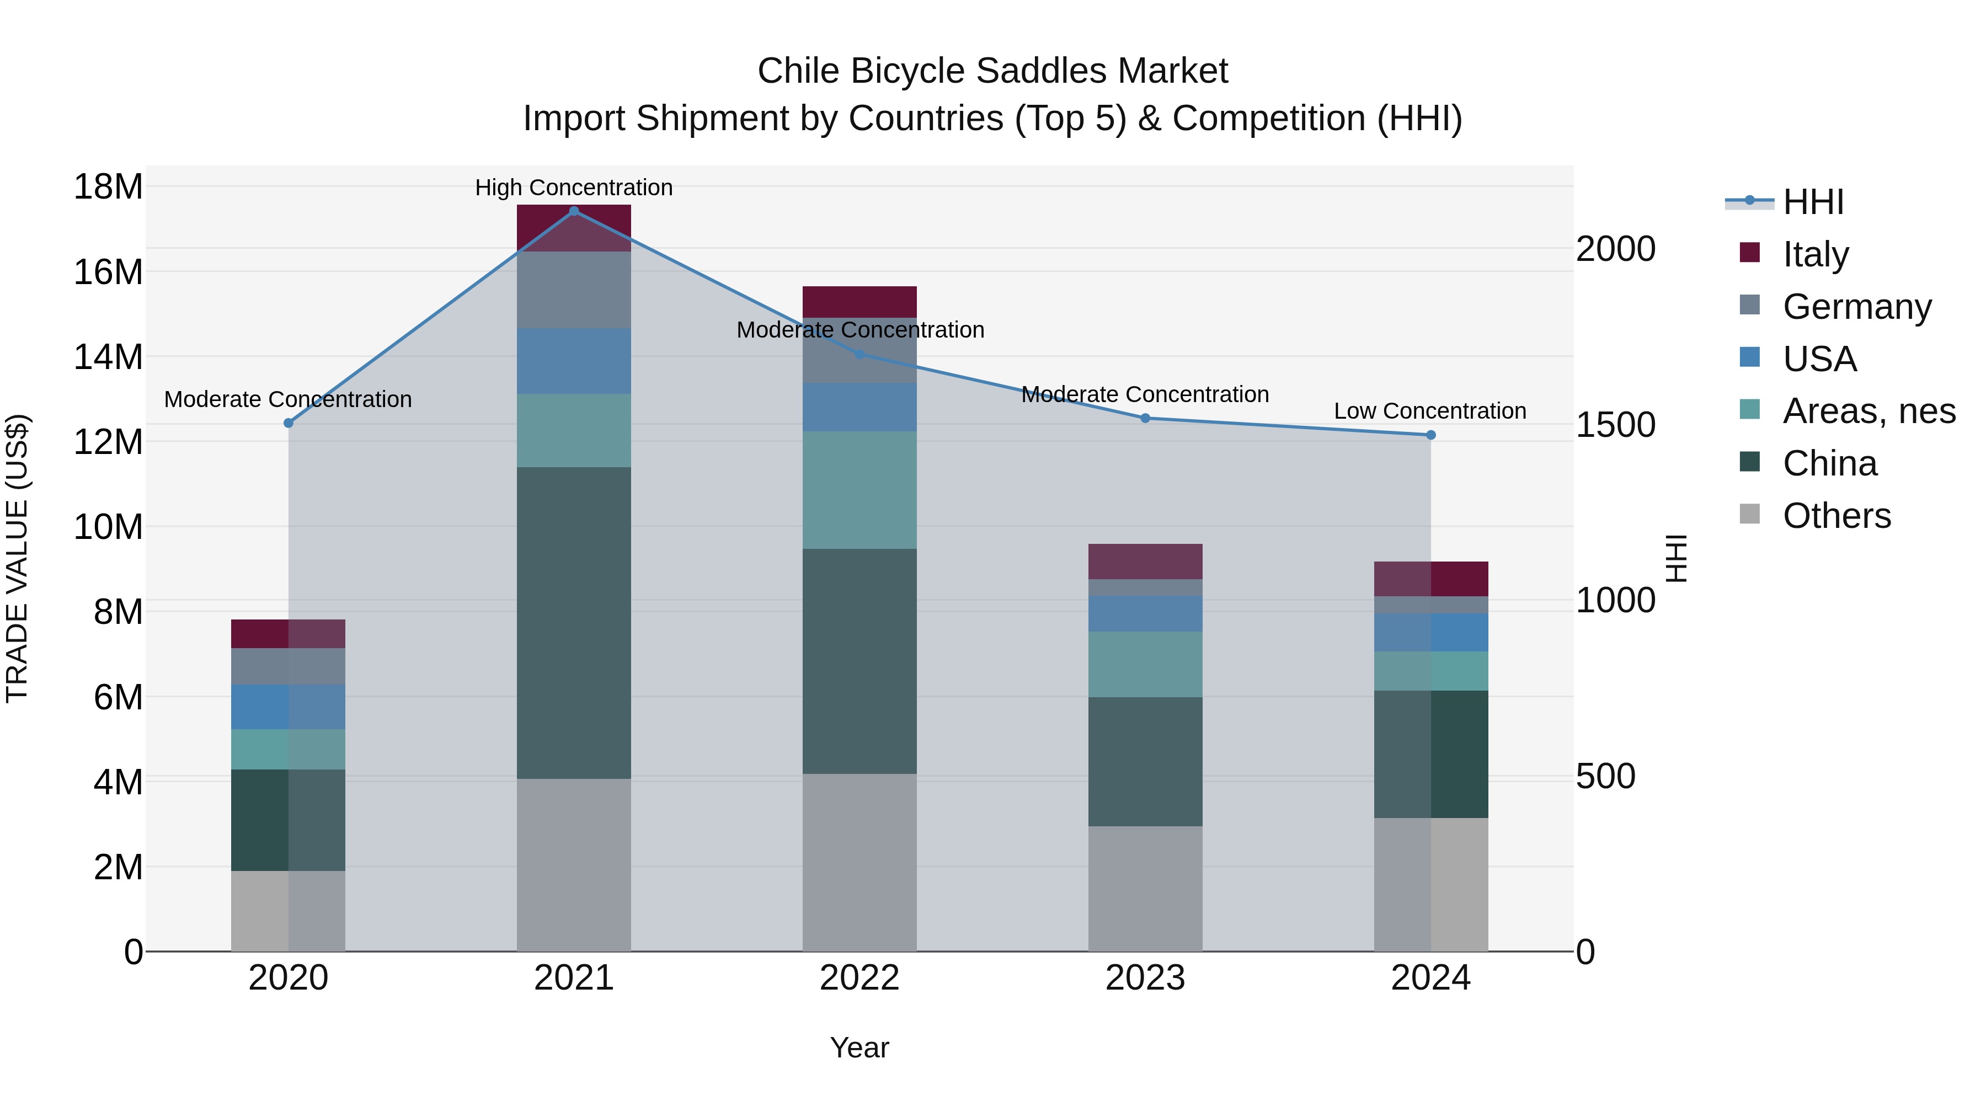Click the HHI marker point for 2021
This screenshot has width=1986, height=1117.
click(x=574, y=211)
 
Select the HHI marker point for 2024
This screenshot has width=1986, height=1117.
click(x=1431, y=435)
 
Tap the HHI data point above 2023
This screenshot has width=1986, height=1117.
click(x=1145, y=418)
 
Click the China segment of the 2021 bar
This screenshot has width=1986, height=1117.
click(x=574, y=623)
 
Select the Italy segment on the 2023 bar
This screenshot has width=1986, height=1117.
click(x=1145, y=561)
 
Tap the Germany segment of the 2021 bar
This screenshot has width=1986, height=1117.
click(x=574, y=290)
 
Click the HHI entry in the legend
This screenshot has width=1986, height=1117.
click(x=1812, y=202)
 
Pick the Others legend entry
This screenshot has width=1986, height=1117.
click(x=1836, y=516)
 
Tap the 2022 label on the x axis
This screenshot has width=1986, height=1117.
click(x=859, y=978)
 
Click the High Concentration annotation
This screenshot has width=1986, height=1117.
click(x=574, y=188)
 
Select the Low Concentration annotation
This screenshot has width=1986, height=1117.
click(x=1430, y=411)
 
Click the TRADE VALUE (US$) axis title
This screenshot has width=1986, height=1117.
click(x=17, y=558)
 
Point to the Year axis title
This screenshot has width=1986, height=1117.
click(x=859, y=1047)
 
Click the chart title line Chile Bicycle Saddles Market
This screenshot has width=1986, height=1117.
click(x=992, y=71)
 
